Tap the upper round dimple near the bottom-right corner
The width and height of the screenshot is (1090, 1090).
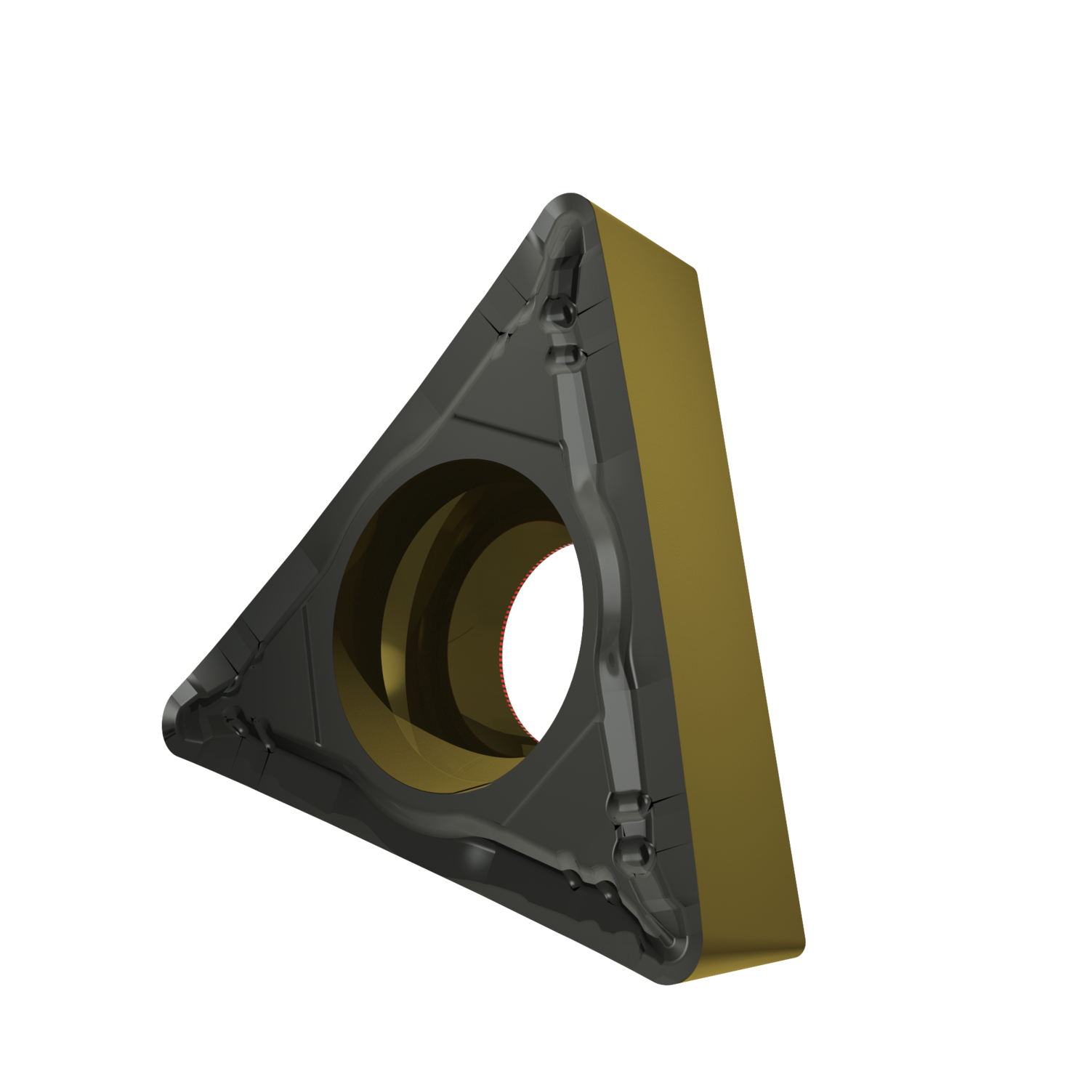click(x=624, y=804)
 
